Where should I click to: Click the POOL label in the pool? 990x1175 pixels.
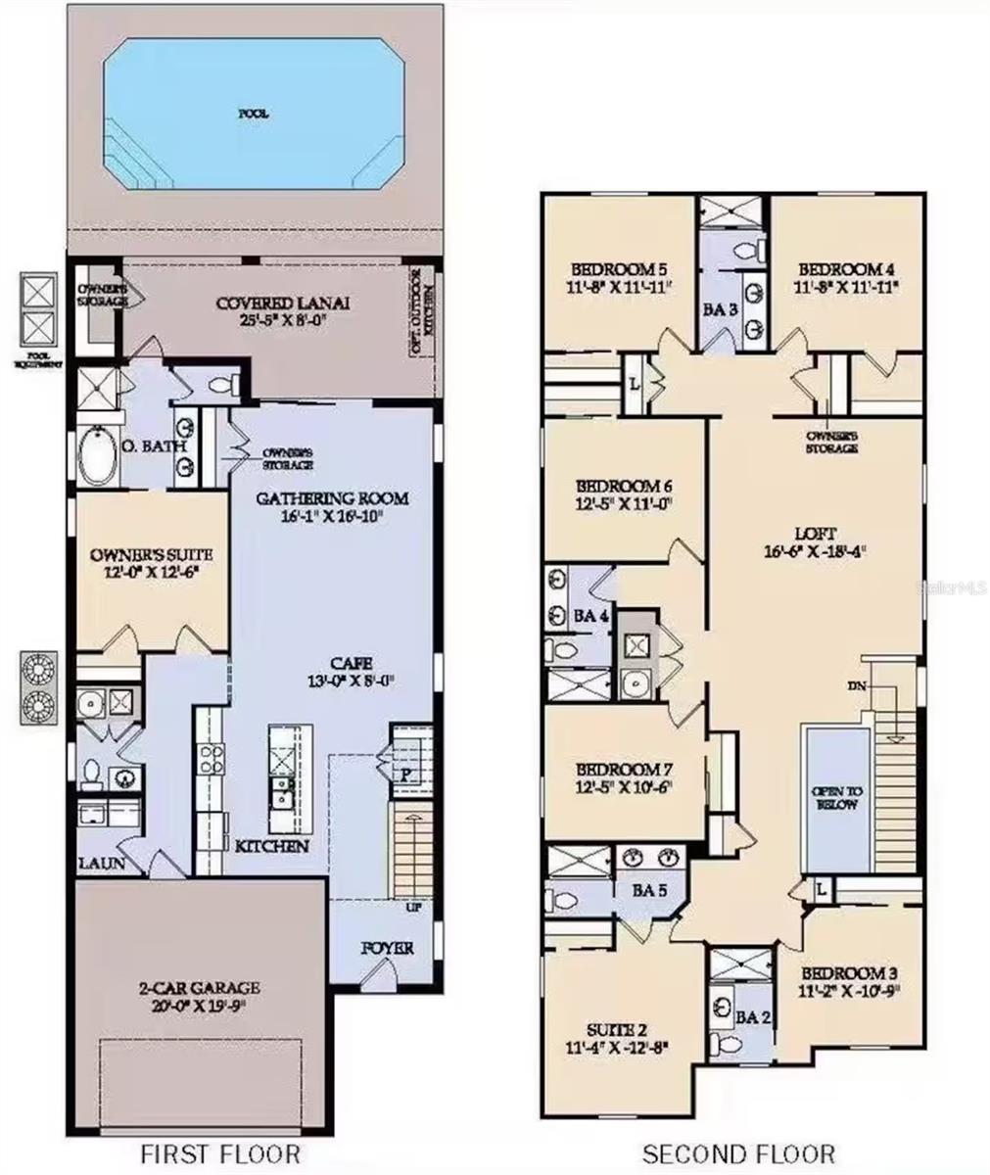254,114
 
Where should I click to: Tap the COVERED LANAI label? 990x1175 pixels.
283,304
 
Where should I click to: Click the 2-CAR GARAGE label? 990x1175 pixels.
199,989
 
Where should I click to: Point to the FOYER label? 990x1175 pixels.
387,949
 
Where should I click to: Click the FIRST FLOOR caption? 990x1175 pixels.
220,1153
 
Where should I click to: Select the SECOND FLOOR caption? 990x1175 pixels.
737,1153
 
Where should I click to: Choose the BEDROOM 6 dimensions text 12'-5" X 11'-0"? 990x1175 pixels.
624,505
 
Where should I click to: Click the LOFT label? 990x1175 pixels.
815,535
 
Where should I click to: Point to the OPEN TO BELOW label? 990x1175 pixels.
834,797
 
